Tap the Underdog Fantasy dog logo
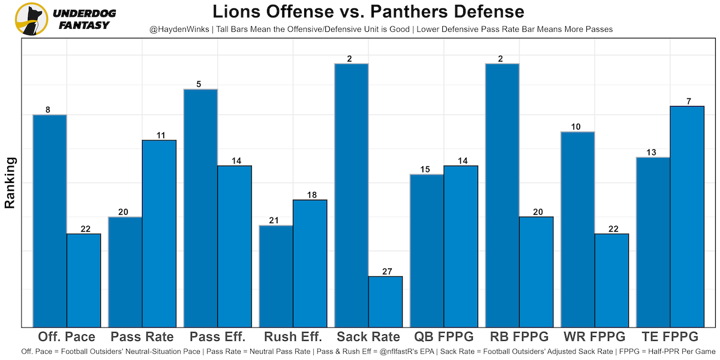pos(31,19)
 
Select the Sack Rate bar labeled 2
pos(352,195)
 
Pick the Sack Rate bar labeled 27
pos(385,301)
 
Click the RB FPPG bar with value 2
pos(502,195)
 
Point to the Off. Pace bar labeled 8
pos(50,220)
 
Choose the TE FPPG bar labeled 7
pos(687,216)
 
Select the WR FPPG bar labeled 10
pos(578,229)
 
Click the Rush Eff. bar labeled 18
pos(310,263)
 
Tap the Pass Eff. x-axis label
pos(218,337)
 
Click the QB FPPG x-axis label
pos(444,337)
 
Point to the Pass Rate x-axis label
pos(142,337)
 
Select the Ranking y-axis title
pos(10,182)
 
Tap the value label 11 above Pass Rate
pos(160,136)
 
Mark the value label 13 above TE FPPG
pos(653,152)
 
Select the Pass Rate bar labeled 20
pos(125,271)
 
